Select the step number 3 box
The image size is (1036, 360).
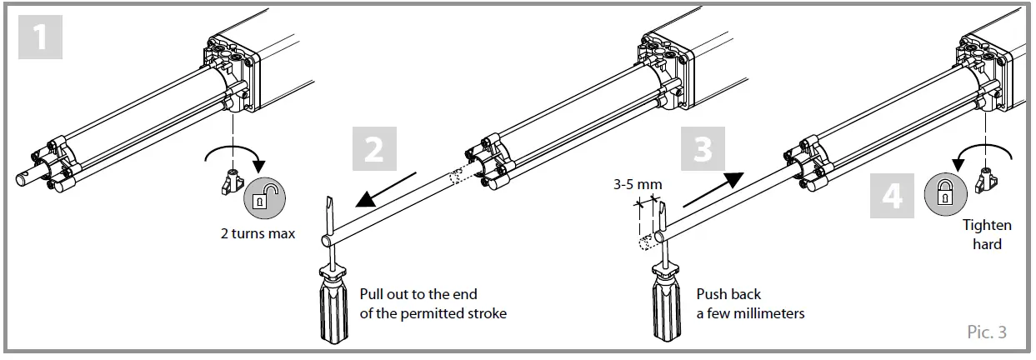(703, 151)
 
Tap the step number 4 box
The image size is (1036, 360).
(891, 197)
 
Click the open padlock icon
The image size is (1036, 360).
(263, 198)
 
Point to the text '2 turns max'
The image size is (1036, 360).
(258, 233)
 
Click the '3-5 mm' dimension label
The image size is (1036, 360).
(634, 184)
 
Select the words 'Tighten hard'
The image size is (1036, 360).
(987, 234)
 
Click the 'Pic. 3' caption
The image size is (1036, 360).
(987, 332)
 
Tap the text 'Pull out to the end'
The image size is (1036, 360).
(418, 295)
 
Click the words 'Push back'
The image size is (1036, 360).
(729, 295)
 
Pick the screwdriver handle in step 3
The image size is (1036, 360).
(666, 308)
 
